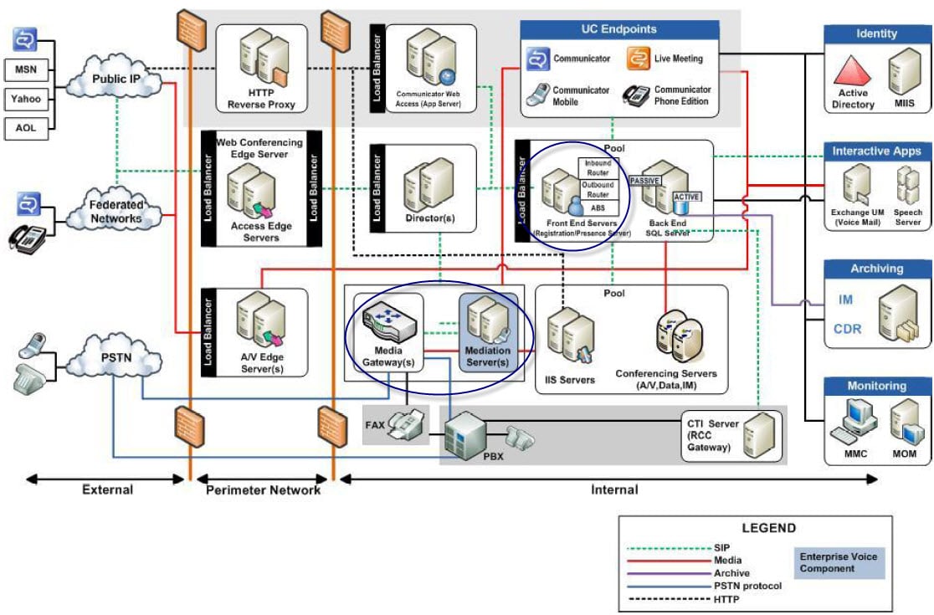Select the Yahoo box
click(25, 99)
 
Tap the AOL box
click(25, 128)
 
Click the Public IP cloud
click(115, 79)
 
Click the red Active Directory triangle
click(853, 70)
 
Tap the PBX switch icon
click(464, 435)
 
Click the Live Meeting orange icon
click(639, 59)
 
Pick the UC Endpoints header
click(618, 29)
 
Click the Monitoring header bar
click(876, 386)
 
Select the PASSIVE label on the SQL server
click(645, 180)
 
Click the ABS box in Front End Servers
click(598, 208)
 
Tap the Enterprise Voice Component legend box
click(838, 562)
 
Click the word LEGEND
click(768, 528)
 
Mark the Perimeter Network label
click(263, 490)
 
